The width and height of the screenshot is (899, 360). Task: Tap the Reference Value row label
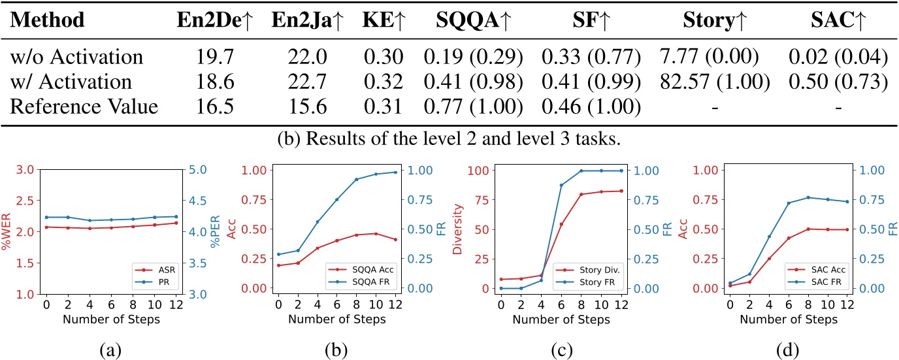point(84,106)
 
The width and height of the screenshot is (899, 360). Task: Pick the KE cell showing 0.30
point(380,58)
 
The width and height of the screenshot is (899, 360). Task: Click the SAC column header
point(838,20)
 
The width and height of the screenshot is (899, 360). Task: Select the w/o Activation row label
point(76,58)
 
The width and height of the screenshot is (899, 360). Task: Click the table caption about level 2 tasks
point(449,139)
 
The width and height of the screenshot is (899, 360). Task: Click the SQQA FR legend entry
point(359,282)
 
